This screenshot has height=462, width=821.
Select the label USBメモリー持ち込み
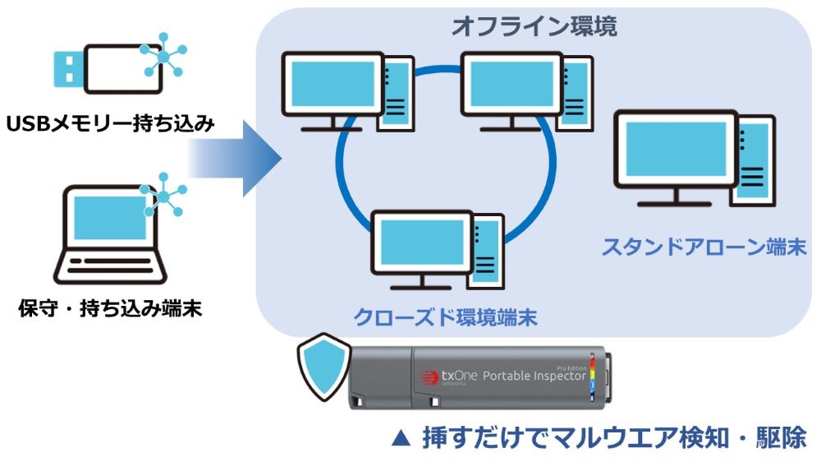tap(111, 125)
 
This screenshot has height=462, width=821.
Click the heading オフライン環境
tap(534, 25)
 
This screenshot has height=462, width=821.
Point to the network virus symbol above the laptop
tap(162, 195)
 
